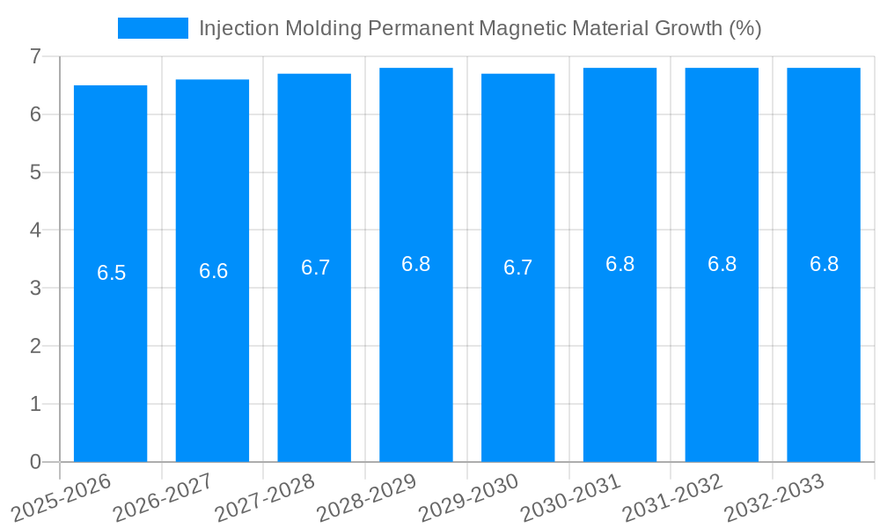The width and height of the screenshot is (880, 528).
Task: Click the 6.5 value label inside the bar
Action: point(112,273)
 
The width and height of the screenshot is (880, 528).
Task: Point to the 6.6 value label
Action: point(214,271)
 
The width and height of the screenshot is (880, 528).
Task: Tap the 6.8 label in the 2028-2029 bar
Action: point(416,264)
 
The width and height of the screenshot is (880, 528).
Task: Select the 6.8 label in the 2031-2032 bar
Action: point(722,264)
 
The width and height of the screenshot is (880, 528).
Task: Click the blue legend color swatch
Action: point(152,28)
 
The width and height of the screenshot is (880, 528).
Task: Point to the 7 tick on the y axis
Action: point(35,56)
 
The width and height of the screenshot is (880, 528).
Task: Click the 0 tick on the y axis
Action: point(35,462)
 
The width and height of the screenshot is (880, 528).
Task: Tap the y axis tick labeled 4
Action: point(35,230)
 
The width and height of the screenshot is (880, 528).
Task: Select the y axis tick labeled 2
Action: point(35,346)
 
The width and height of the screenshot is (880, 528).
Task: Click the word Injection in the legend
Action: point(232,28)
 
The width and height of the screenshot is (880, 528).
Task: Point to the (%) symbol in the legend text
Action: point(744,28)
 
